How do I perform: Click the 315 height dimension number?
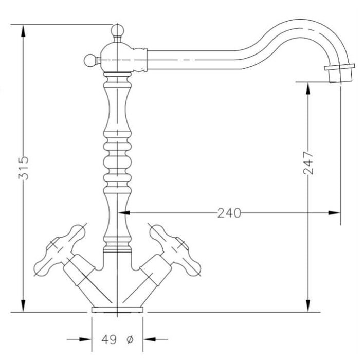(24, 168)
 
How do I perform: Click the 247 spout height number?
(308, 163)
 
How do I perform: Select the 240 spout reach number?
(229, 213)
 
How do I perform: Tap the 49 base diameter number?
(109, 340)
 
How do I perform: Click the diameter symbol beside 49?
(130, 340)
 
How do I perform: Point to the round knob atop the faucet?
(117, 30)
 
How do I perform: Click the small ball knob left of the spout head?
(90, 60)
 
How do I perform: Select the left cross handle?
(60, 250)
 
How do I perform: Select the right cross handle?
(175, 250)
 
